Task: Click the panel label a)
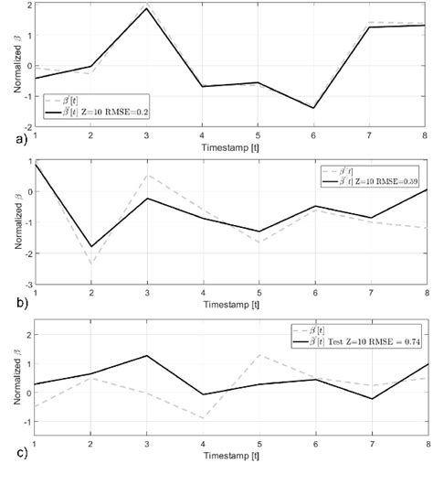click(10, 139)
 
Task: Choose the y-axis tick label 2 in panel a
click(27, 5)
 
